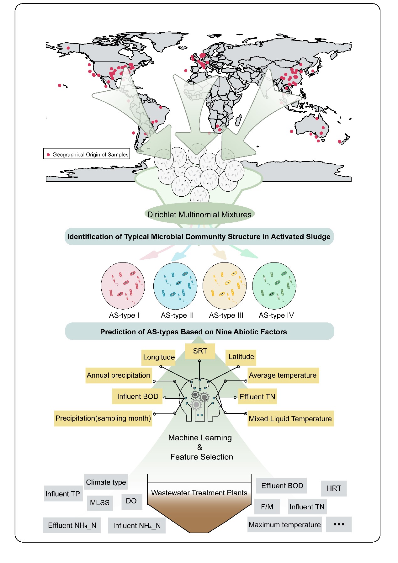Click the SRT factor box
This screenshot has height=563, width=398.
click(200, 351)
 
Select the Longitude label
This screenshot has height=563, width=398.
click(158, 357)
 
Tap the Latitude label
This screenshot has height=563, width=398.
click(241, 357)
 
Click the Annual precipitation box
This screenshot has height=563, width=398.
click(119, 375)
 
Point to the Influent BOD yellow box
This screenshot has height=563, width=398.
click(138, 397)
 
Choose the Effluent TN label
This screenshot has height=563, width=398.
click(257, 397)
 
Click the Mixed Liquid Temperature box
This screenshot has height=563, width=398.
click(290, 419)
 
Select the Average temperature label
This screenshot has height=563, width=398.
click(283, 375)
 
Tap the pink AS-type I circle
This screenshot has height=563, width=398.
click(123, 286)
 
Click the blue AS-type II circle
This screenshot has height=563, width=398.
click(175, 286)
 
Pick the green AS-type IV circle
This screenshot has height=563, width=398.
click(274, 286)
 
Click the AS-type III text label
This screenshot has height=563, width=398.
click(226, 315)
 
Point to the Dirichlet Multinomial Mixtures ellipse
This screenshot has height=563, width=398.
click(199, 215)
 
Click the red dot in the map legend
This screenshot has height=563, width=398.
click(48, 155)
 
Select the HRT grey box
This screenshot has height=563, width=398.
click(334, 488)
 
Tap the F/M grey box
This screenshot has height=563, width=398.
click(267, 507)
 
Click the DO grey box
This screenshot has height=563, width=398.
click(131, 501)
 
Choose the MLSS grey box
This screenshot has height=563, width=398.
click(100, 503)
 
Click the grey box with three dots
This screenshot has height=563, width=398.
click(339, 524)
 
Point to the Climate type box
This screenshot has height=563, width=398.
click(106, 482)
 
